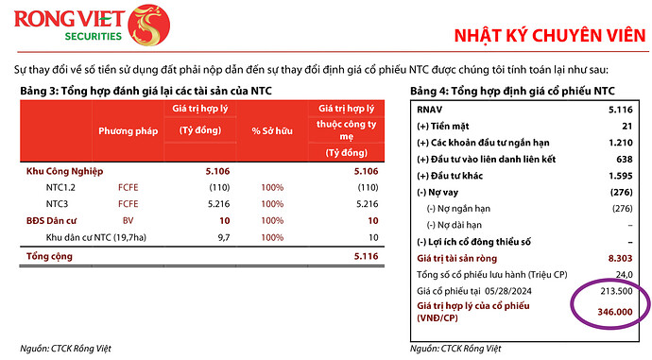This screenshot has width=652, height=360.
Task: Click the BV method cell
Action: [128, 219]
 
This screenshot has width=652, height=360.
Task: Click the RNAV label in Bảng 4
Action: [431, 110]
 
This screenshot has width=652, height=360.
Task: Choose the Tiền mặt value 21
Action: [626, 126]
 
